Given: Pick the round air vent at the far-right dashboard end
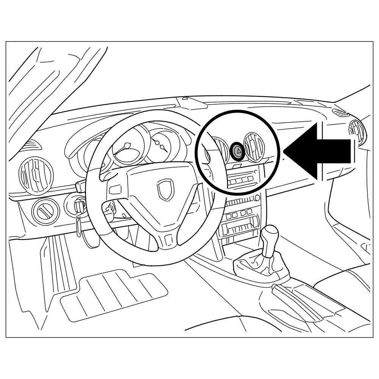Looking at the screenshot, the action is pyautogui.click(x=357, y=133).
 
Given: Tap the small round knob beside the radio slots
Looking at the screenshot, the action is pyautogui.click(x=257, y=197).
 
